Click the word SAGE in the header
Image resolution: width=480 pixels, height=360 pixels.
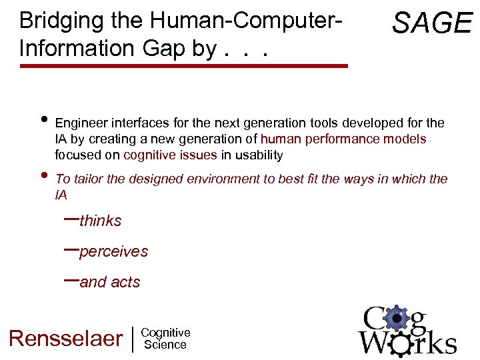pyautogui.click(x=432, y=23)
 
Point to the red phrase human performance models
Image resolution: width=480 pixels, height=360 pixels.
pyautogui.click(x=343, y=139)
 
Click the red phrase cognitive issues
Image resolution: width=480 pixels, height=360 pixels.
pyautogui.click(x=170, y=155)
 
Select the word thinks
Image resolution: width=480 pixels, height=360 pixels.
pyautogui.click(x=100, y=221)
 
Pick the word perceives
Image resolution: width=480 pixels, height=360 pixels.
pyautogui.click(x=113, y=252)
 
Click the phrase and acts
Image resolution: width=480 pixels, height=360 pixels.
pyautogui.click(x=110, y=283)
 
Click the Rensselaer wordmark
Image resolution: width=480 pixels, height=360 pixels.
pyautogui.click(x=66, y=339)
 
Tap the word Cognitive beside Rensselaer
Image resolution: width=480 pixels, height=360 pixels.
pyautogui.click(x=166, y=333)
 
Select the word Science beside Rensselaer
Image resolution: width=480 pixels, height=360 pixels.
pyautogui.click(x=165, y=345)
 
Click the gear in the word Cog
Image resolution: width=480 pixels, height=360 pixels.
pyautogui.click(x=397, y=319)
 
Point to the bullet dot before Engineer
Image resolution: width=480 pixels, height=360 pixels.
pyautogui.click(x=43, y=121)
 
